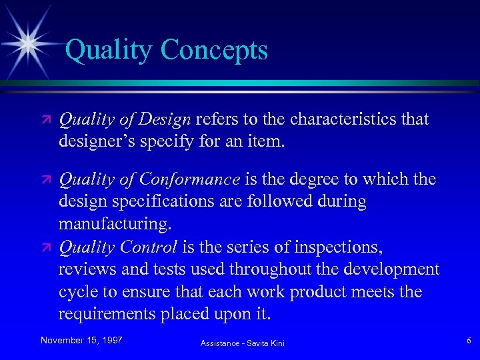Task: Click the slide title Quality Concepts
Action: point(167,51)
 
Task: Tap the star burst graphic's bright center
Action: point(29,43)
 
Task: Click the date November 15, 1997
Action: point(81,340)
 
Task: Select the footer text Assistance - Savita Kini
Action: point(243,343)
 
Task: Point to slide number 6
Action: point(469,341)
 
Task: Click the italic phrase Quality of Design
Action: point(125,119)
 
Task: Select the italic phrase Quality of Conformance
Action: point(149,179)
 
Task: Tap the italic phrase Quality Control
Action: point(118,247)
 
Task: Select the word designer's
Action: point(97,141)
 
